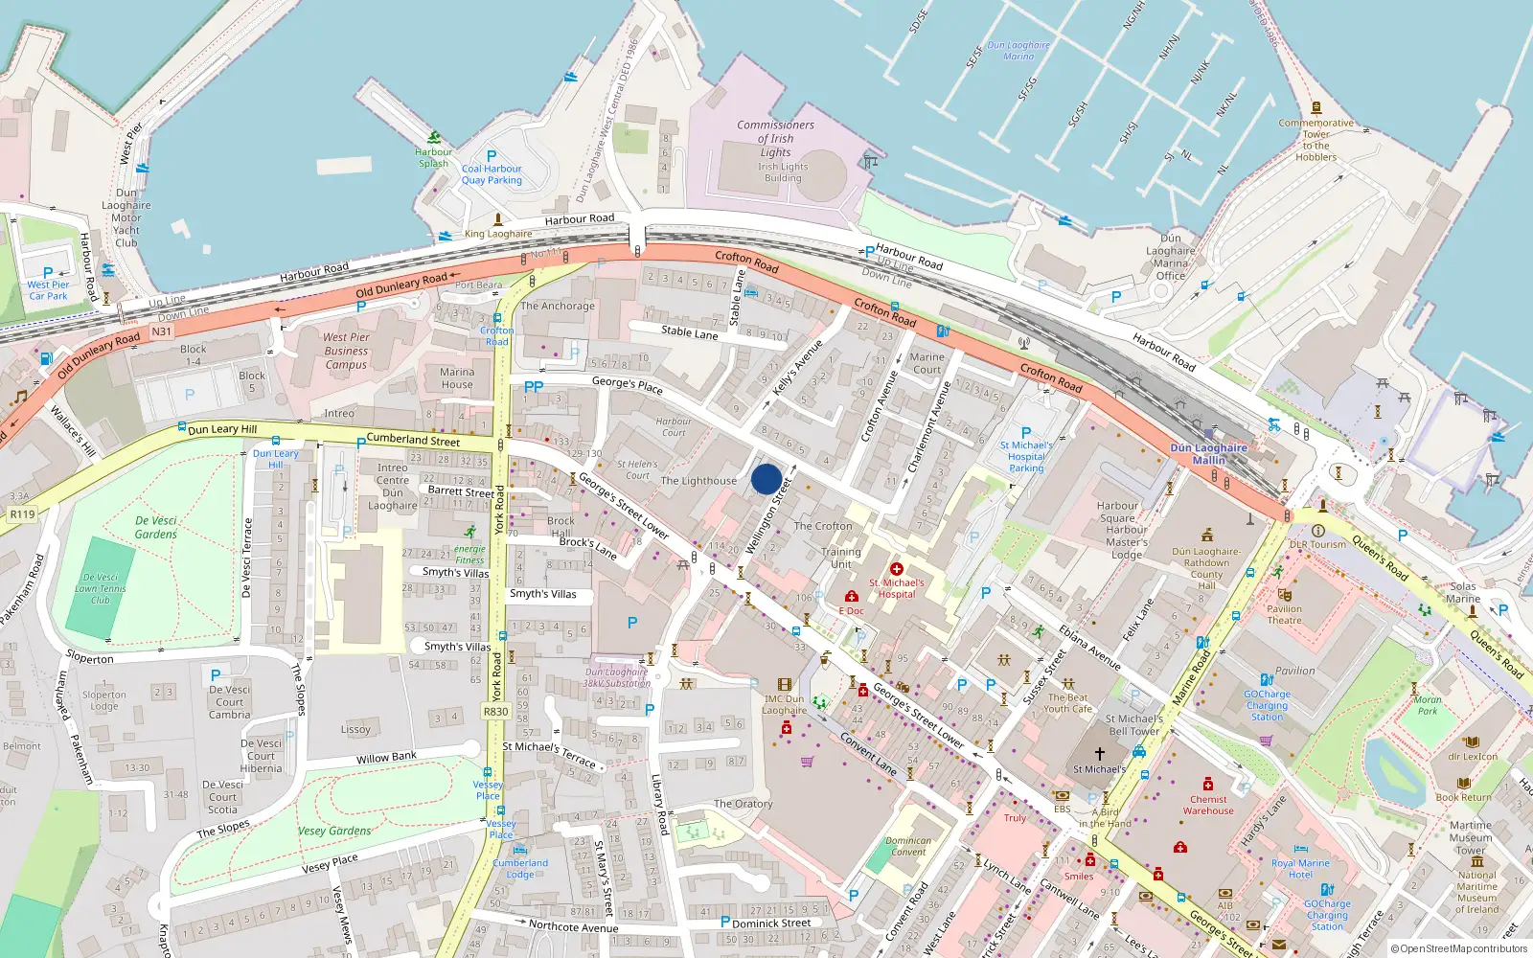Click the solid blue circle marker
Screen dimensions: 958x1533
(766, 479)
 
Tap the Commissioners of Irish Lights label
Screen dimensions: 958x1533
(775, 139)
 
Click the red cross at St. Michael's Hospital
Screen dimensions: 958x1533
(897, 569)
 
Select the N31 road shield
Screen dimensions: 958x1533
(162, 331)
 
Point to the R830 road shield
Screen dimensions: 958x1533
(495, 712)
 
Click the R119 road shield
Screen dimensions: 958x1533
(22, 514)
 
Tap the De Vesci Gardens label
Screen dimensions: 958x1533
(155, 528)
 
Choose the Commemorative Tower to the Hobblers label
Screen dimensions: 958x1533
(1316, 140)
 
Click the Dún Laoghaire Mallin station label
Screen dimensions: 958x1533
(1208, 454)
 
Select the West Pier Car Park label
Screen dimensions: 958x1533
(48, 290)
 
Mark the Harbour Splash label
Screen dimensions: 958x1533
(433, 157)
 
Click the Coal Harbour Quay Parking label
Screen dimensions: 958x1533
(492, 174)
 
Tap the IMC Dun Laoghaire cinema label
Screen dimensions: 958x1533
(784, 704)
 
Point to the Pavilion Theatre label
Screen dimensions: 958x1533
(1284, 614)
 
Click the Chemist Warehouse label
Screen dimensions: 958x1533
(1208, 805)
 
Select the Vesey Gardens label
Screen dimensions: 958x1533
(334, 831)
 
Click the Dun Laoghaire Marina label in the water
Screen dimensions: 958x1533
(1018, 51)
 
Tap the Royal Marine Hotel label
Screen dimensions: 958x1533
(1299, 869)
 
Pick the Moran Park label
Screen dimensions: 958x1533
(1428, 705)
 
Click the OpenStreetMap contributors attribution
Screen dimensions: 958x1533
(1459, 948)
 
